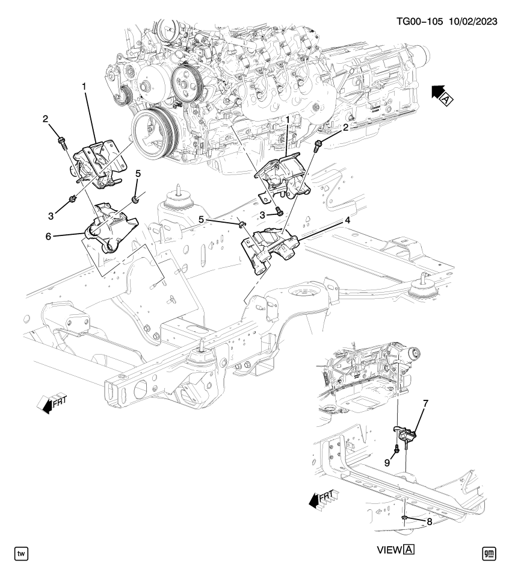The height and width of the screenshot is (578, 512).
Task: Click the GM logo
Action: coord(491,552)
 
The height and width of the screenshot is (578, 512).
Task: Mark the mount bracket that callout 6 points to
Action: coord(108,228)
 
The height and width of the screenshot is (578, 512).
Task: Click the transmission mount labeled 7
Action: coord(406,432)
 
